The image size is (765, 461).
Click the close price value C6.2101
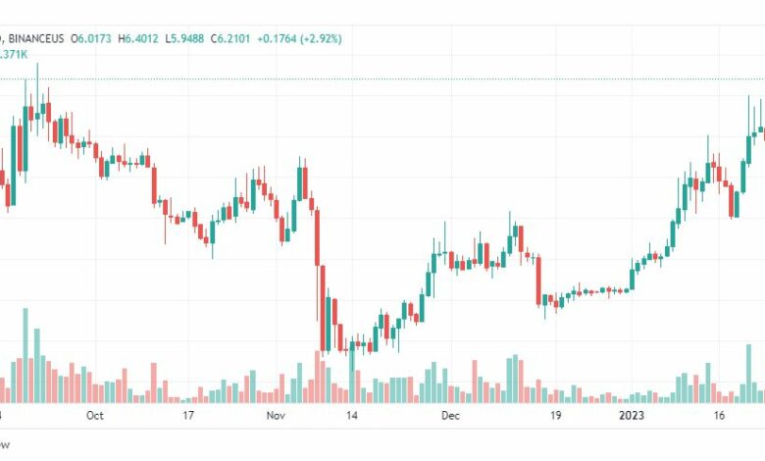[233, 38]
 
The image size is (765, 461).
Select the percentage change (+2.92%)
[325, 38]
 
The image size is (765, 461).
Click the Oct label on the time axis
[94, 416]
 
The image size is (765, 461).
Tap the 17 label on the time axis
[189, 416]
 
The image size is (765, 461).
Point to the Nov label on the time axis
[276, 416]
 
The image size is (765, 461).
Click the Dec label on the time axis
[450, 416]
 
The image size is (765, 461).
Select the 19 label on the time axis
[555, 416]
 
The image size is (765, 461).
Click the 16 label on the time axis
[720, 416]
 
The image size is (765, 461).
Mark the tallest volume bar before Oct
[25, 355]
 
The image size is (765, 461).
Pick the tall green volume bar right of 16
[748, 373]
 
